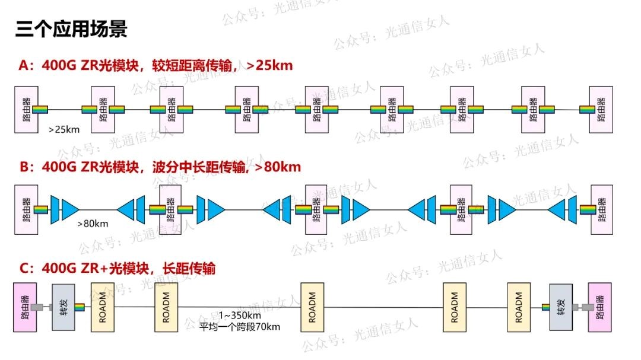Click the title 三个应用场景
[71, 29]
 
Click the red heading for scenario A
[156, 65]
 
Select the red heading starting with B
[160, 167]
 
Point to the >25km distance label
[64, 128]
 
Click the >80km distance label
[93, 224]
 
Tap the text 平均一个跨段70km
[239, 327]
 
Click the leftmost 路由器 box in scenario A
[26, 109]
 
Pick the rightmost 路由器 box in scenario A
[600, 109]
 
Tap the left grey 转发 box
[63, 307]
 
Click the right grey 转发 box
[560, 307]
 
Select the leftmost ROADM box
[102, 307]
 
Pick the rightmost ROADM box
[519, 307]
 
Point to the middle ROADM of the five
[312, 307]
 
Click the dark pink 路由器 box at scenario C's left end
[25, 307]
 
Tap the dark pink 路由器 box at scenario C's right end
[599, 307]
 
